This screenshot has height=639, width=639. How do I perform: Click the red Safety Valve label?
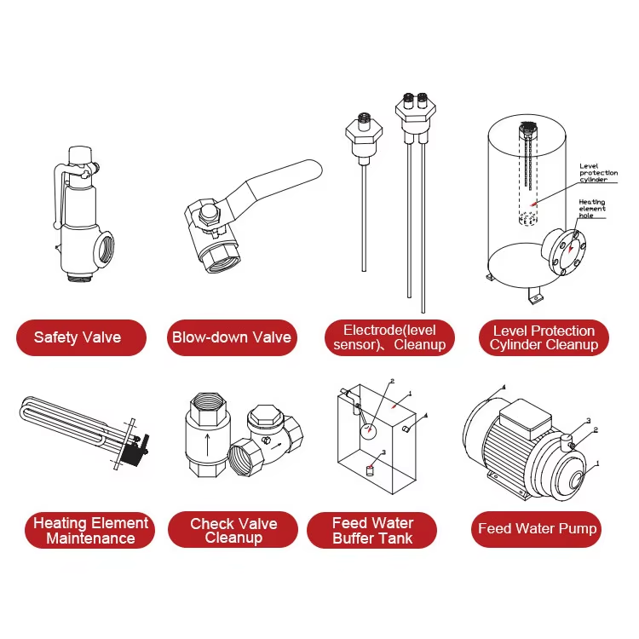[x=81, y=337]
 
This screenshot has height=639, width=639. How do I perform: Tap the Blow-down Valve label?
[x=232, y=337]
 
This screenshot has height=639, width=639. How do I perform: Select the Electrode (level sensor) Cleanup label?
[x=389, y=337]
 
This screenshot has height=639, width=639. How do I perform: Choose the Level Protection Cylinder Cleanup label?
[x=544, y=337]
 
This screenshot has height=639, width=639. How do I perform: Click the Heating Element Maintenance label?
[x=90, y=530]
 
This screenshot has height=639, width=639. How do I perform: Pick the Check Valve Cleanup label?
[x=233, y=530]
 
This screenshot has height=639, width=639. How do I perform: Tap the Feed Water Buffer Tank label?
[x=372, y=530]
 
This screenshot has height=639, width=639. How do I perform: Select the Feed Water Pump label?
[x=537, y=529]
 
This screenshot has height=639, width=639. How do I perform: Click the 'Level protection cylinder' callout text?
[x=598, y=173]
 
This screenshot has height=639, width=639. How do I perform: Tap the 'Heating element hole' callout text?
[x=592, y=209]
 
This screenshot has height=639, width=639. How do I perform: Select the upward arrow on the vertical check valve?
[x=207, y=445]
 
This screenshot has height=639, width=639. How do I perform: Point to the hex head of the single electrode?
[x=364, y=133]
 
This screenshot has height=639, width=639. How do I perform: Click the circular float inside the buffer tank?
[x=368, y=432]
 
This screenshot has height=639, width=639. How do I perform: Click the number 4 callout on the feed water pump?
[x=504, y=387]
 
